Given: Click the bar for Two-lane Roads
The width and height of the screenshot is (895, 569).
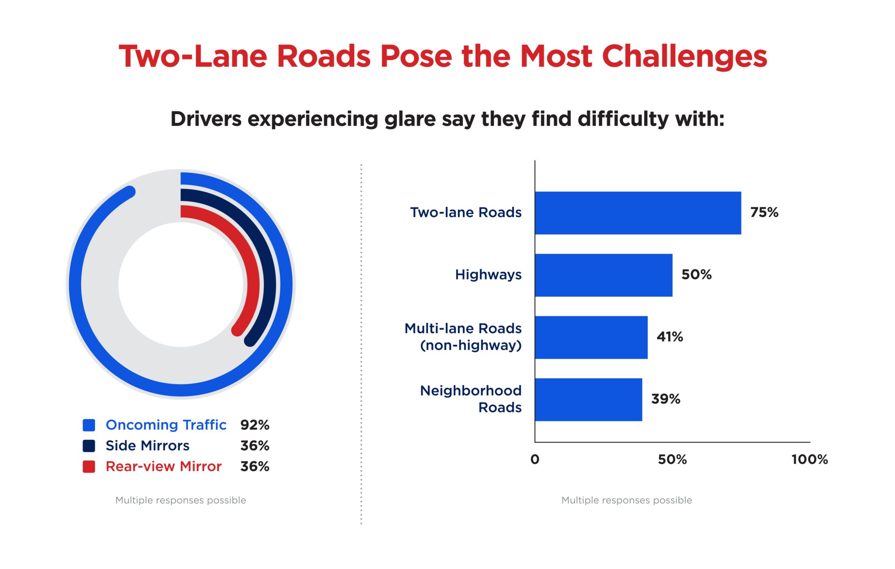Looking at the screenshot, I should [638, 213].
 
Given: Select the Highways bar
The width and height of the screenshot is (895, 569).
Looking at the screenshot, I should [603, 275].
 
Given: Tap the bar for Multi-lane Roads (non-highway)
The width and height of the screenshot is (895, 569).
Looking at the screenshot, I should [591, 337].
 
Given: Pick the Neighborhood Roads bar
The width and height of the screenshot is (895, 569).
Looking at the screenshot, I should [588, 399].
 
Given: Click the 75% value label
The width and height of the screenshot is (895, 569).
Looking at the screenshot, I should [764, 212].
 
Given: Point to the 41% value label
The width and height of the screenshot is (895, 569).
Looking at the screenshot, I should [670, 337].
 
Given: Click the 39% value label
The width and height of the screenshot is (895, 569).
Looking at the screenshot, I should [666, 399].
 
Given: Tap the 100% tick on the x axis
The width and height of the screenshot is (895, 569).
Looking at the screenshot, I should [809, 459].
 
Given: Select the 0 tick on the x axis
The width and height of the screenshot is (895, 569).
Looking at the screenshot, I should [534, 459].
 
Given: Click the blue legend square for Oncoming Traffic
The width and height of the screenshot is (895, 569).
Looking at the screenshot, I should [89, 425].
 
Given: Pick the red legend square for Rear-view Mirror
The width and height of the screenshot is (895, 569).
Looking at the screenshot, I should [89, 466].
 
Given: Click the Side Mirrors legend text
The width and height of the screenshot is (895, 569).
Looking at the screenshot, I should [147, 446].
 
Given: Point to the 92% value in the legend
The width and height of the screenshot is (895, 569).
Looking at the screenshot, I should [254, 425].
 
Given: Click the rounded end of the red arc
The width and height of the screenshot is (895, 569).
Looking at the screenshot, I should [237, 330].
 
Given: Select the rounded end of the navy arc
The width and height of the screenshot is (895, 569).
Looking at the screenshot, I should [250, 340].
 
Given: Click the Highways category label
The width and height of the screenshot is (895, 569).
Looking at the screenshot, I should [488, 274].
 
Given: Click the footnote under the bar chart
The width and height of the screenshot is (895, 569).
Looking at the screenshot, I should [626, 500].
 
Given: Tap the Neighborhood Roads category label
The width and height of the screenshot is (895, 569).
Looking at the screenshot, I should [471, 399].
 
